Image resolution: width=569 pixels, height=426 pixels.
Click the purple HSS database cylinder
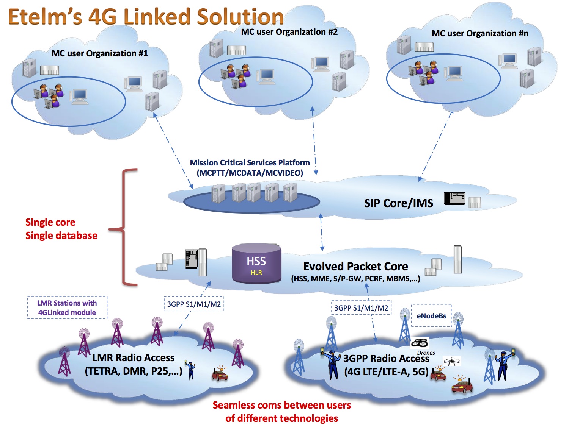pos(256,264)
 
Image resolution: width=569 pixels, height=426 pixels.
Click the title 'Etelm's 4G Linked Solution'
pos(146,17)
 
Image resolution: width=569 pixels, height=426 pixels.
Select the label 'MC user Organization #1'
pos(100,53)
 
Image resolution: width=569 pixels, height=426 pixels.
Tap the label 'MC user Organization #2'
pos(289,32)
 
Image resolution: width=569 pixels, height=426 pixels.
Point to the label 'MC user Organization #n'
pos(480,34)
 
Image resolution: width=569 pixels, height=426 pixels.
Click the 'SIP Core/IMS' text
pos(398,203)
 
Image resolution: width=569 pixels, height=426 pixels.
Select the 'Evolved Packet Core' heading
pos(355,267)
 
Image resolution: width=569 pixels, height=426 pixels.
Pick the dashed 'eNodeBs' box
pos(431,316)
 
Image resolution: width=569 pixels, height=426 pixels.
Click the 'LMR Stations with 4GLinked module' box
pos(67,307)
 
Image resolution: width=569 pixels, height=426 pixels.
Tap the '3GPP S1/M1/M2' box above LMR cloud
pos(194,304)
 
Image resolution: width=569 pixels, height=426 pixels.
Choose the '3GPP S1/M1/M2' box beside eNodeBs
pos(361,308)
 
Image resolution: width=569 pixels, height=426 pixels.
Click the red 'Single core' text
pos(50,222)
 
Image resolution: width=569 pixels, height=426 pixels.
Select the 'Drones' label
pos(426,353)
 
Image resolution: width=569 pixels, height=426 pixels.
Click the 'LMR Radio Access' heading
pos(133,358)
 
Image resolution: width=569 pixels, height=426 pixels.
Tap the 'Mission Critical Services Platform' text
pos(250,163)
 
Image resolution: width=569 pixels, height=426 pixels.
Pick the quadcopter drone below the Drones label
pos(451,361)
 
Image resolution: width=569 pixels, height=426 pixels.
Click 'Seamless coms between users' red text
pos(281,405)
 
